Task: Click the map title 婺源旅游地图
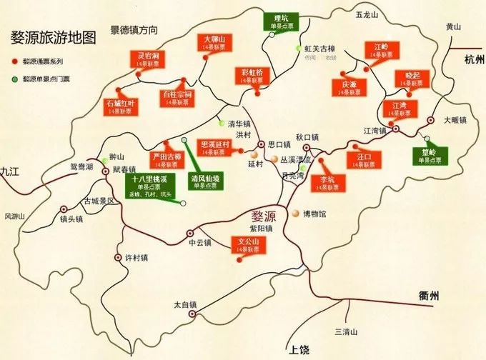point(53,38)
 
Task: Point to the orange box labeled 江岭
point(381,51)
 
